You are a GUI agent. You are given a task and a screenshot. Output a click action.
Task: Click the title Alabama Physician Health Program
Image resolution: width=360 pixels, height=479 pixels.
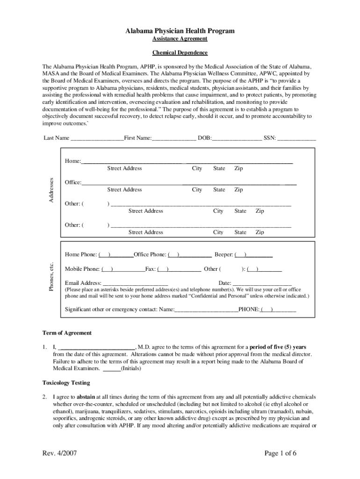180,31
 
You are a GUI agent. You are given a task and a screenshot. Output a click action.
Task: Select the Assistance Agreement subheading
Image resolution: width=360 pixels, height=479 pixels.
180,40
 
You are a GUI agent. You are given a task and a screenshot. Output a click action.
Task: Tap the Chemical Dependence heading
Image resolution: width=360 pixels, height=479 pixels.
180,53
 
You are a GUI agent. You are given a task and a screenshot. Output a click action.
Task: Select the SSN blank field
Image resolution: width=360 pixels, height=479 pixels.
297,138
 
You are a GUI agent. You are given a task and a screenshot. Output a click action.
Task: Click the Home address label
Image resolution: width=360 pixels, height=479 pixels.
72,161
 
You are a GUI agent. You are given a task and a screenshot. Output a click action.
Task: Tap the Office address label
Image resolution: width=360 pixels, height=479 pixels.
73,182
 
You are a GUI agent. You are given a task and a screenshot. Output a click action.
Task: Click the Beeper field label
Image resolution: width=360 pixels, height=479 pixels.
223,255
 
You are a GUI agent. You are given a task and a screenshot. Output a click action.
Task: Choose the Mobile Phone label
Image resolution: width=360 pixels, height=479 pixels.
82,269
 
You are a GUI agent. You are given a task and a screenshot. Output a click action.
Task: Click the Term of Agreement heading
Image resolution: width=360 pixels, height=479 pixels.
67,333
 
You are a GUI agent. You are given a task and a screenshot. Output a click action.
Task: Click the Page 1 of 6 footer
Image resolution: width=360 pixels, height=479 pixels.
281,453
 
